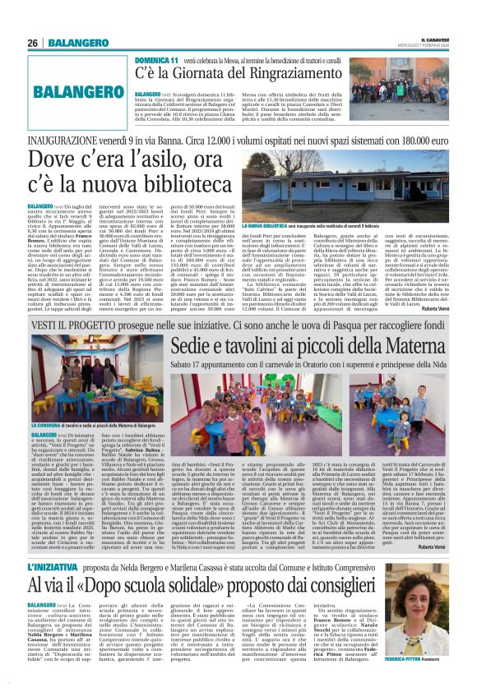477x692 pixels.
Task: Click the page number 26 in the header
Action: click(33, 43)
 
